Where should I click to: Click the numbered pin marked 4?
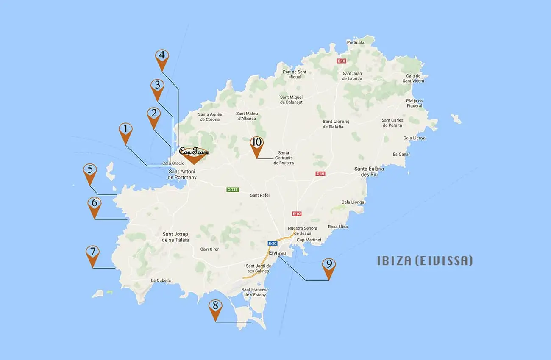(x=162, y=58)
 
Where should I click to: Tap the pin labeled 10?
(x=256, y=145)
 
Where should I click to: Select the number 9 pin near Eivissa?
(x=328, y=266)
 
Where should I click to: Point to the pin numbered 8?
(x=215, y=308)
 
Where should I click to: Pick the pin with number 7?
(x=92, y=254)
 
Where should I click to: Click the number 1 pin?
(x=125, y=131)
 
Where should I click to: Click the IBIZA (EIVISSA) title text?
(x=425, y=260)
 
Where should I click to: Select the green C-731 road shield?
(x=232, y=190)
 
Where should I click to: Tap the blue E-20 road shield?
(x=272, y=244)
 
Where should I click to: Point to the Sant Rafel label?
(x=260, y=195)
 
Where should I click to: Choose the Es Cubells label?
(x=161, y=280)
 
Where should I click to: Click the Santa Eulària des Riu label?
(x=369, y=172)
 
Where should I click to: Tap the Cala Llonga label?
(x=353, y=202)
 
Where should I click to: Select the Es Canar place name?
(x=401, y=155)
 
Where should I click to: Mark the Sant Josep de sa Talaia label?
(x=175, y=237)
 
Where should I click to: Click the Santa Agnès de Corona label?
(x=209, y=117)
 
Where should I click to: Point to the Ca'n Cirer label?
(x=209, y=249)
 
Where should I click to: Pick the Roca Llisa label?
(x=337, y=227)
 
